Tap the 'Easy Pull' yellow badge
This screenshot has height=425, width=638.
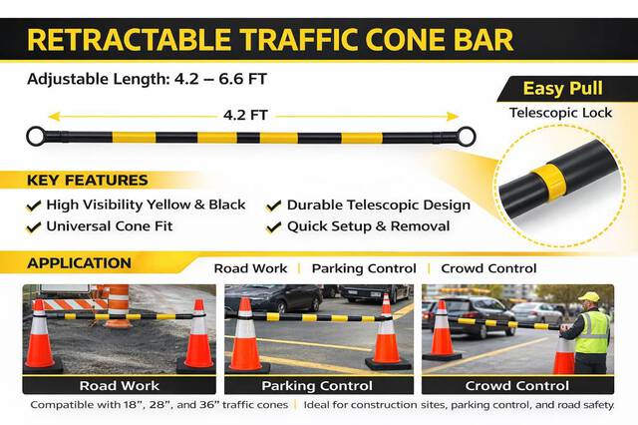563,89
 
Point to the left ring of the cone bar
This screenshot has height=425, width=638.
36,136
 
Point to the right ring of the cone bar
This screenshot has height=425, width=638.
466,136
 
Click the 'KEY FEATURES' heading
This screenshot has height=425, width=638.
88,181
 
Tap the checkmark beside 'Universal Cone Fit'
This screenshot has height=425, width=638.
33,226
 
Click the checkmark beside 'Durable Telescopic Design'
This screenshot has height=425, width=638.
273,206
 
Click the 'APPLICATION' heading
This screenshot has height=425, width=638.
79,264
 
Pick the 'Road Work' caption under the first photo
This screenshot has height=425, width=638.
119,385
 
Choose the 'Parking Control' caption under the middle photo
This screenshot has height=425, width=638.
317,385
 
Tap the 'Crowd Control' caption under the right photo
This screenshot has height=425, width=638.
517,385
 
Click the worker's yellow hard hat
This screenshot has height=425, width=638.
589,297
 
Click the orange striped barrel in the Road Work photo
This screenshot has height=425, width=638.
119,305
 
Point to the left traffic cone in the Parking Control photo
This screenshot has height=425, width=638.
246,337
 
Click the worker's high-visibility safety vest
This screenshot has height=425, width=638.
592,332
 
